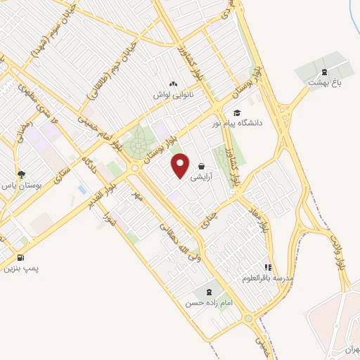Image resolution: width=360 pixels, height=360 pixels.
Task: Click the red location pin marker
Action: coord(181,166)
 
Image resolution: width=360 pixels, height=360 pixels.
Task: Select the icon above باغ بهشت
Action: coord(324,70)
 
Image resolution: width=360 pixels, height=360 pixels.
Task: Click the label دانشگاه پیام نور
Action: coord(237,123)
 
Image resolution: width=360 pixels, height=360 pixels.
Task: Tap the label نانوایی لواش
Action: coord(174,93)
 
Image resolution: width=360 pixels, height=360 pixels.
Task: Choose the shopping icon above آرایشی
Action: coord(202,167)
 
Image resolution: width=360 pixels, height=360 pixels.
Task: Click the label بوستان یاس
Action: coord(22,185)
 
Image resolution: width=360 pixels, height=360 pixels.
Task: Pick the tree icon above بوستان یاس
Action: coord(22,174)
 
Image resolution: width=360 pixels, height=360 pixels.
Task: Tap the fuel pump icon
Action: coord(20,257)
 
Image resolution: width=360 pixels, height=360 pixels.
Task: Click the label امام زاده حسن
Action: coord(209,304)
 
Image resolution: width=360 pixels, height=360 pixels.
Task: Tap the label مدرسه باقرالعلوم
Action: coord(267,278)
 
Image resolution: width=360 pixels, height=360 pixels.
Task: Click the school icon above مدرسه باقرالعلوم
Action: coord(267,267)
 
